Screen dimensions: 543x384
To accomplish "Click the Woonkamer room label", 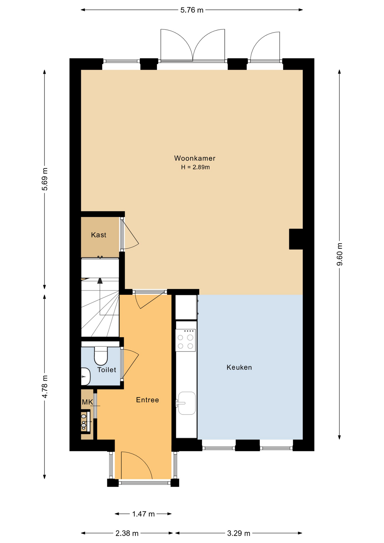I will [195, 158].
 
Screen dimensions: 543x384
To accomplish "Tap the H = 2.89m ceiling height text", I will [195, 167].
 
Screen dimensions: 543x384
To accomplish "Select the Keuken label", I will [239, 367].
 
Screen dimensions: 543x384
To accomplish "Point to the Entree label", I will [147, 400].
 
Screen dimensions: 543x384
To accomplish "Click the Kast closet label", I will [98, 235].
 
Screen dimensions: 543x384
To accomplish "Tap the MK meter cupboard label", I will [87, 402].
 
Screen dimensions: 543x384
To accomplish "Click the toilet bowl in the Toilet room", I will [101, 356].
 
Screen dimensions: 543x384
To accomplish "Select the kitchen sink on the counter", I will [187, 403].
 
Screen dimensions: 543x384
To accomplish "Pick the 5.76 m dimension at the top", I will [192, 10].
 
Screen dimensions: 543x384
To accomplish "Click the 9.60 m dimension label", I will [340, 254].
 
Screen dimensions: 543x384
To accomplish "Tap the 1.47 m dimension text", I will [143, 514].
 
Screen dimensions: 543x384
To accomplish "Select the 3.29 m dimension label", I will [239, 533].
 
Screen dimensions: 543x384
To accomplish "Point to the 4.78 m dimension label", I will [45, 387].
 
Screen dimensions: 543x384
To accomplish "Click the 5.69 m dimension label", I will [45, 179].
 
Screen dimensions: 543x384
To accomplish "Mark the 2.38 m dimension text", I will [127, 533].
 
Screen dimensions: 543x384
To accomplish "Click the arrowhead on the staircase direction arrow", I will [100, 281].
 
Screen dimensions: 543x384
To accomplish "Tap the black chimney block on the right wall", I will [296, 239].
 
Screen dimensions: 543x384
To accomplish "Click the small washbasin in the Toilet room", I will [85, 376].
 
